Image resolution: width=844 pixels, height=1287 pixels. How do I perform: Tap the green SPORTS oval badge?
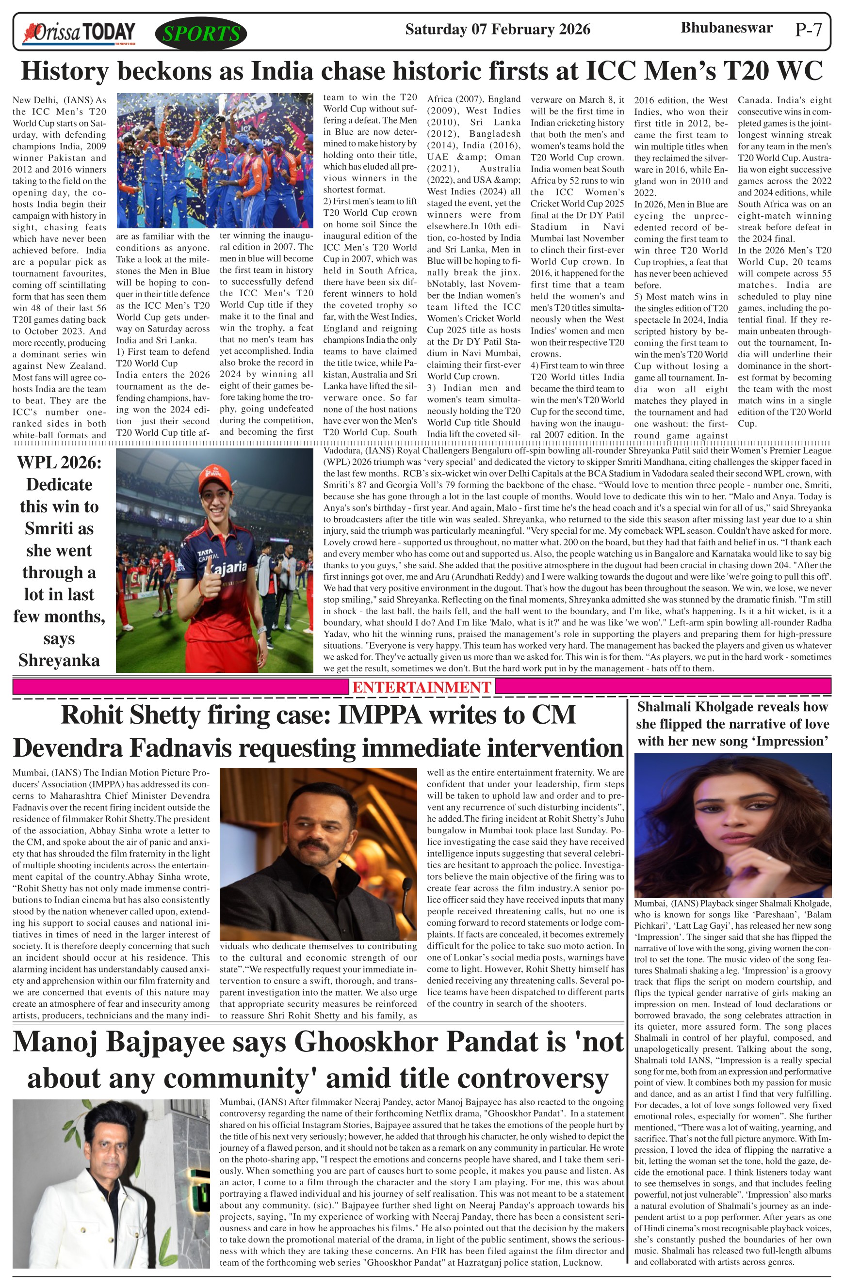201,34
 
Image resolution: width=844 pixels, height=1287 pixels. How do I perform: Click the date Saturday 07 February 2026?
497,29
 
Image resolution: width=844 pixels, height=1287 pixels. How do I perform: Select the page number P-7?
808,29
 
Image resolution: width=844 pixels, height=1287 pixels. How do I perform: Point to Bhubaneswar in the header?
726,28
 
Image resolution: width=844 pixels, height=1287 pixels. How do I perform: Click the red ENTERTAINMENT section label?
422,687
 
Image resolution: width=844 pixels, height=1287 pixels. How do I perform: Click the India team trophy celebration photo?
215,160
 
